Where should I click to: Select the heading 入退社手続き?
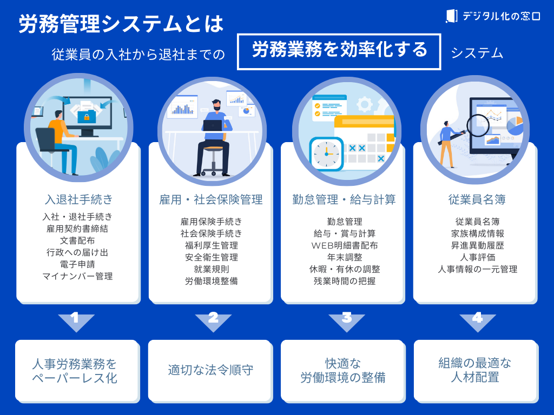[78, 199]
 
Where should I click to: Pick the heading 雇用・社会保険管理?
[211, 199]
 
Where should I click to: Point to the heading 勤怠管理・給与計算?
[344, 199]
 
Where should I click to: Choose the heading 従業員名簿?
[477, 199]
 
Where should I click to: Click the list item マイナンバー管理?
[78, 277]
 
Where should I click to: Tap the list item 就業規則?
[211, 269]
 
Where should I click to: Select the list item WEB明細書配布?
[344, 245]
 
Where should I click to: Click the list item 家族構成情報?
[477, 233]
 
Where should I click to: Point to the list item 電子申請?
[78, 265]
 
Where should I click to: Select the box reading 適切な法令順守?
[211, 370]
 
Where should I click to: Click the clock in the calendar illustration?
[326, 153]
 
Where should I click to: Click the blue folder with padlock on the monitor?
[86, 116]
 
